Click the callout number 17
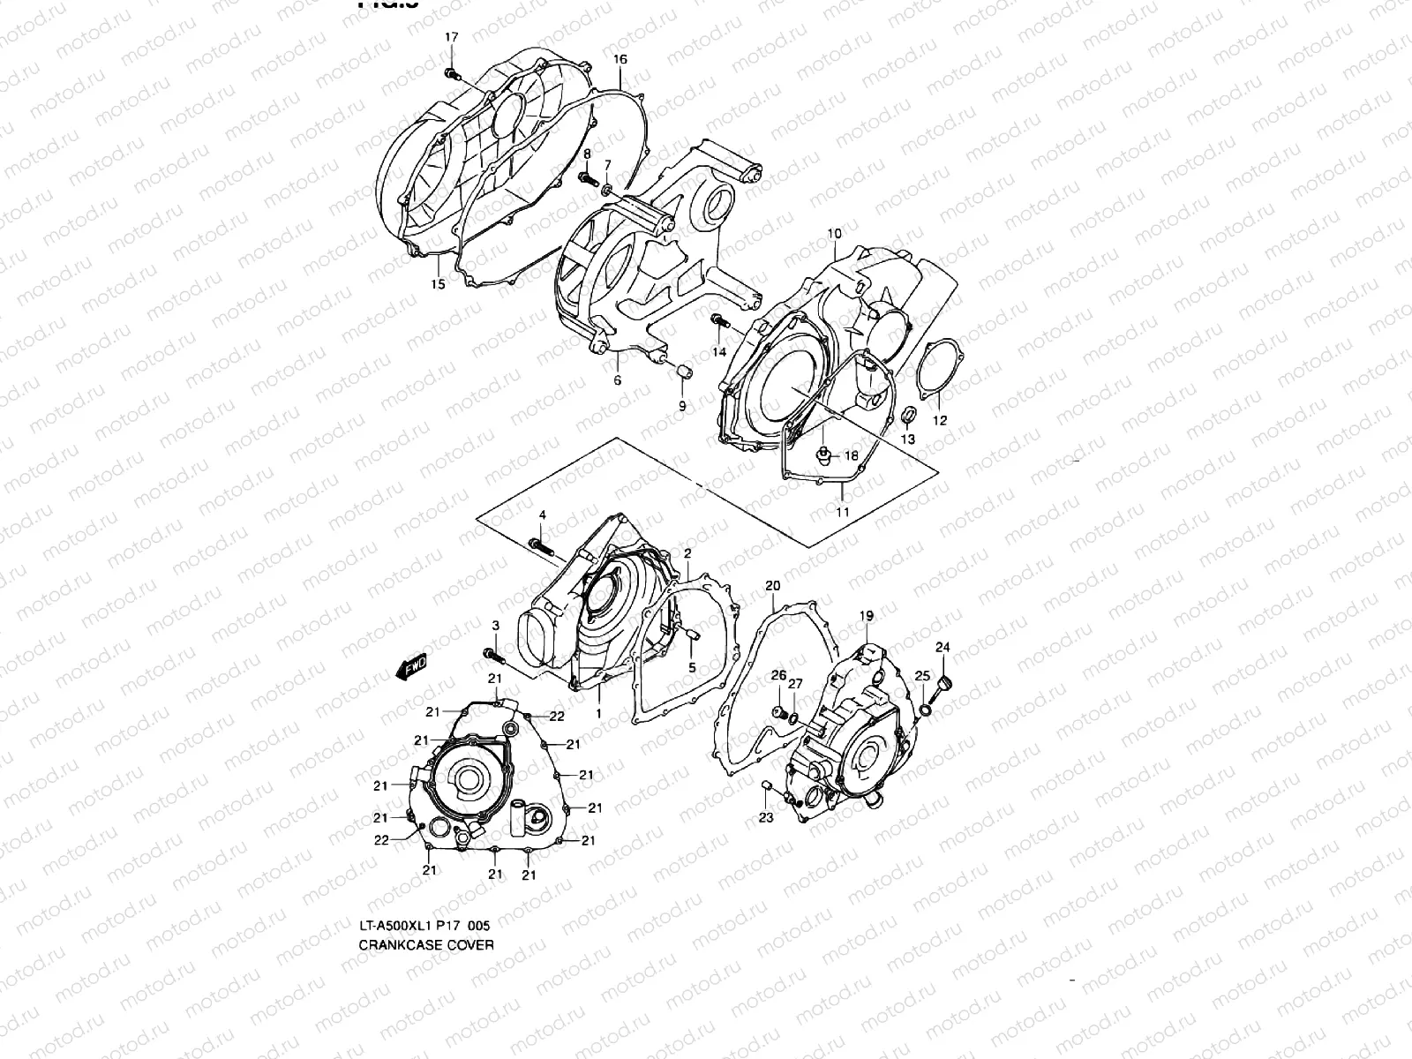[x=452, y=37]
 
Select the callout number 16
[x=620, y=59]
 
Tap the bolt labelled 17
[x=451, y=73]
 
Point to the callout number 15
[x=438, y=283]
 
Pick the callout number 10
[x=834, y=234]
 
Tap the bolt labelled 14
[x=718, y=322]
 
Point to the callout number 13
[x=907, y=439]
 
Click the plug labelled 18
[x=822, y=456]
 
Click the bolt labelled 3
[x=492, y=655]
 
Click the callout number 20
[x=773, y=586]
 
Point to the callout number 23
[x=766, y=818]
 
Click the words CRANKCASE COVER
[x=426, y=944]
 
